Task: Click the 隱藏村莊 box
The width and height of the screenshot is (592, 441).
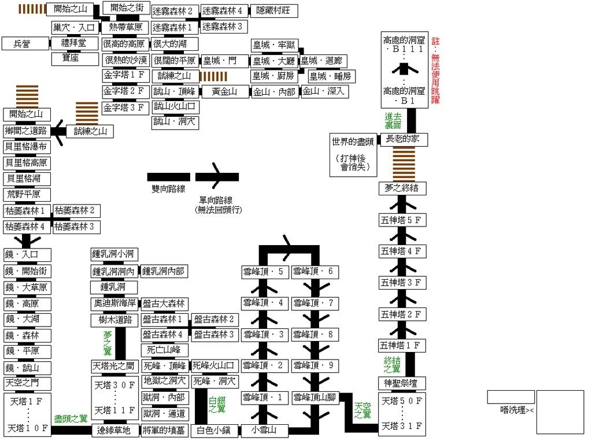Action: pyautogui.click(x=273, y=10)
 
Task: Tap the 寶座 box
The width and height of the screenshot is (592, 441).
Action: pyautogui.click(x=75, y=59)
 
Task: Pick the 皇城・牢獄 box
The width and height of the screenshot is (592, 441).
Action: pyautogui.click(x=273, y=45)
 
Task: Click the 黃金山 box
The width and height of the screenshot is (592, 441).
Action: pyautogui.click(x=224, y=91)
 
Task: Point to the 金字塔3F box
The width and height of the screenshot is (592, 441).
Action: pyautogui.click(x=125, y=108)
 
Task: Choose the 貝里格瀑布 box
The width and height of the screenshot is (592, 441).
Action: pyautogui.click(x=27, y=146)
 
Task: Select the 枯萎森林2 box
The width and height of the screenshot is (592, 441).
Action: pyautogui.click(x=75, y=210)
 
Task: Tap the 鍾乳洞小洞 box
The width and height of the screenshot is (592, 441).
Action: pyautogui.click(x=114, y=254)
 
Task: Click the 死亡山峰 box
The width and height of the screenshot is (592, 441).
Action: pyautogui.click(x=164, y=350)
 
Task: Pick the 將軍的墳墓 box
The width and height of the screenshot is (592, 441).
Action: pyautogui.click(x=164, y=429)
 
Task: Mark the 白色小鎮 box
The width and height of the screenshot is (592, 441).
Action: pyautogui.click(x=213, y=429)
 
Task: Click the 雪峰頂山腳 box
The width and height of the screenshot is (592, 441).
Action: pyautogui.click(x=315, y=398)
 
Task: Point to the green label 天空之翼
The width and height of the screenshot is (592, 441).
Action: pyautogui.click(x=362, y=410)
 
